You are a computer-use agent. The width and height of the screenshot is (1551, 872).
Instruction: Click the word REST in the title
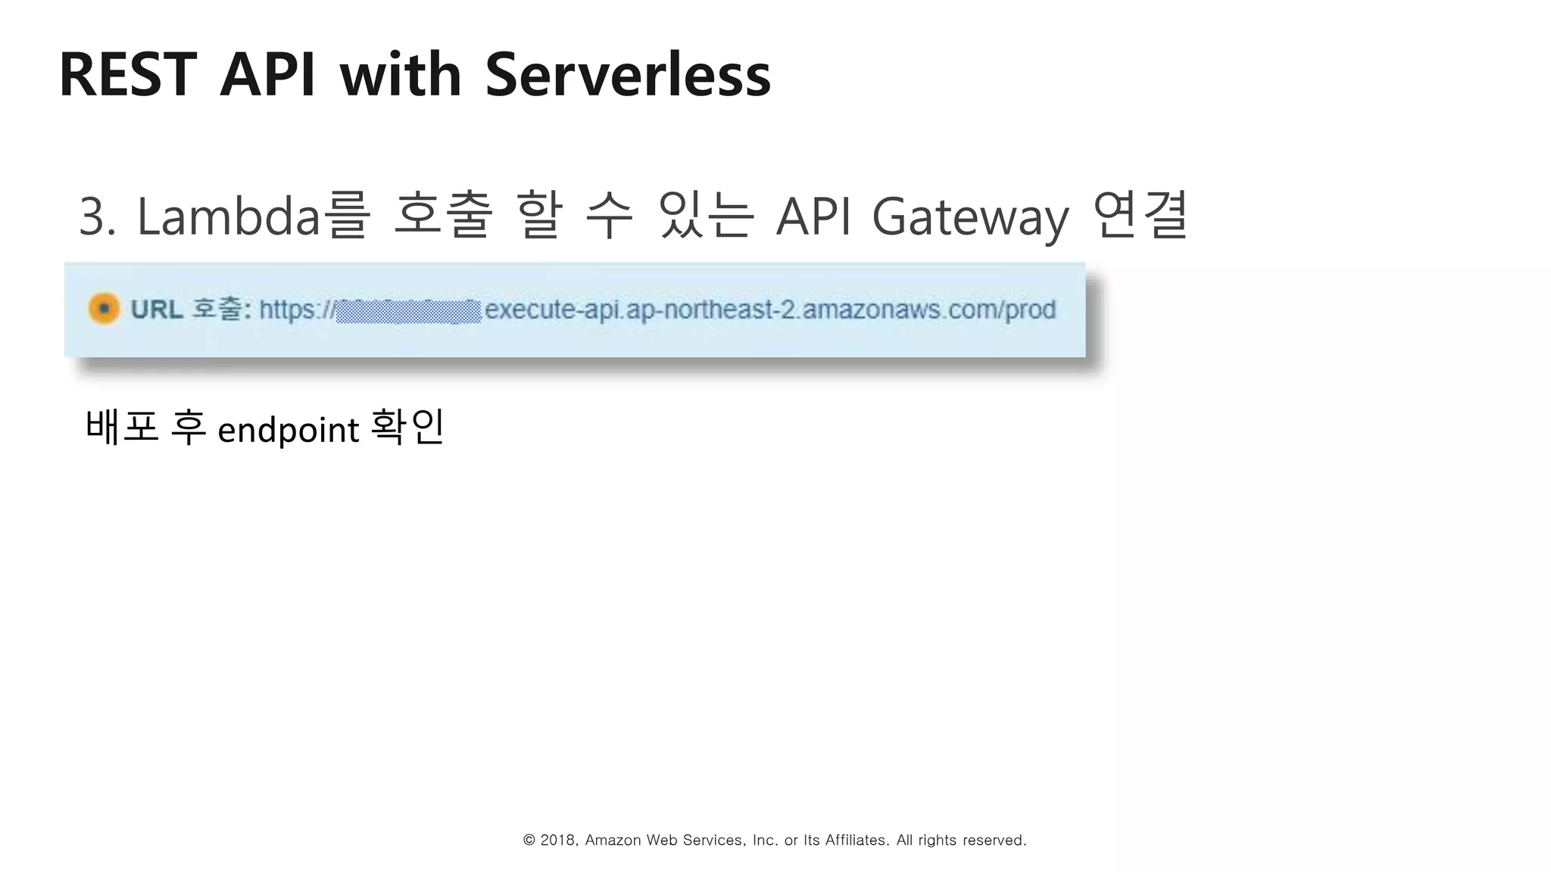127,75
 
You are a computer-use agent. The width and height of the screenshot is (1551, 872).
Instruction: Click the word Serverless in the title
627,75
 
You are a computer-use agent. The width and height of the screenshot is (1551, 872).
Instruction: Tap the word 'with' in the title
401,75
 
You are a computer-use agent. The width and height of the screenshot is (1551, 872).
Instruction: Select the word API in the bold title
267,75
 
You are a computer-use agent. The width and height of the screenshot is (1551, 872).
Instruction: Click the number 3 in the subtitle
92,217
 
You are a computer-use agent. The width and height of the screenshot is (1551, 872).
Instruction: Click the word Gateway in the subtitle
970,217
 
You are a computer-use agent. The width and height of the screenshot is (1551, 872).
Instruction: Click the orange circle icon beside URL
105,309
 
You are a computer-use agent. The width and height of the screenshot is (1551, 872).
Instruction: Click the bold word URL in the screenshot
157,310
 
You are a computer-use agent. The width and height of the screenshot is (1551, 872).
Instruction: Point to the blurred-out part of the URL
407,310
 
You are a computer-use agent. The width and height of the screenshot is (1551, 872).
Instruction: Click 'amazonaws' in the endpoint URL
872,310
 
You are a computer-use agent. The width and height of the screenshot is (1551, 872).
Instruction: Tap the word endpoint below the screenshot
288,431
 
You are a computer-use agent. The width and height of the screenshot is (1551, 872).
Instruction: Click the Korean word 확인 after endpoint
407,428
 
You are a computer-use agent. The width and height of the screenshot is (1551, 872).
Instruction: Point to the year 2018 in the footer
557,840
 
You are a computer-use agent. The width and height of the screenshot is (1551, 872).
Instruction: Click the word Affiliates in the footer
856,840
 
